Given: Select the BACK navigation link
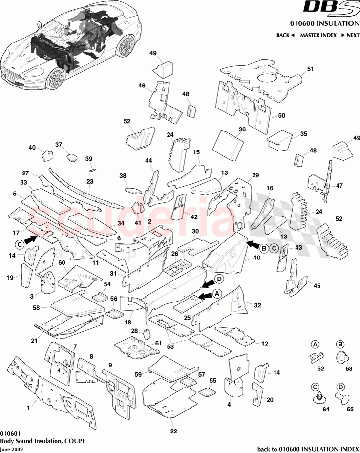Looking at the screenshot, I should pyautogui.click(x=285, y=35).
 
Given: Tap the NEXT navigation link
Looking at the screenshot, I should pyautogui.click(x=350, y=35).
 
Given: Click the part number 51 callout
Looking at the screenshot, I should pyautogui.click(x=311, y=69).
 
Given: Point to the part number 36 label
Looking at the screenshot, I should pyautogui.click(x=242, y=130).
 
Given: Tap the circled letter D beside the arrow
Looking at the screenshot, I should pyautogui.click(x=219, y=279).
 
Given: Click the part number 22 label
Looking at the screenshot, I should pyautogui.click(x=173, y=431).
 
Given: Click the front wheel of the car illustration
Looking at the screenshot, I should pyautogui.click(x=55, y=78).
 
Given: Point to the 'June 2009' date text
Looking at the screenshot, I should pyautogui.click(x=11, y=449).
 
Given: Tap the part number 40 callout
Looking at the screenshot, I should pyautogui.click(x=32, y=147).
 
